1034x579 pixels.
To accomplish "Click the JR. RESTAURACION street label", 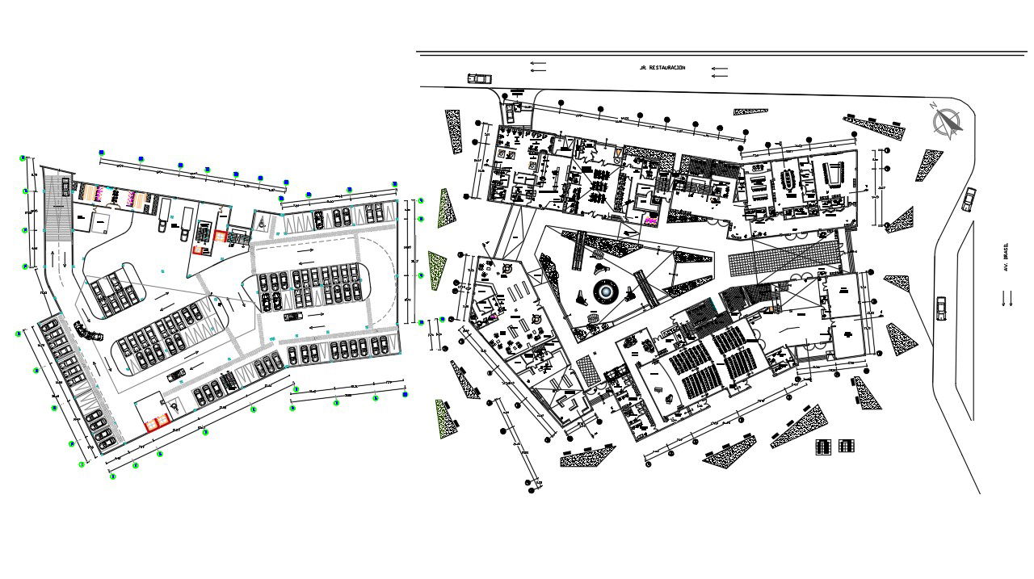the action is point(662,68).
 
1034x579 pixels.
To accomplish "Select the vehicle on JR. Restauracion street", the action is point(479,78).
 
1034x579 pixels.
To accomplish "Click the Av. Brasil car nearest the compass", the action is point(970,199).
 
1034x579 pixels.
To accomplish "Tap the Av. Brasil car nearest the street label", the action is point(942,308).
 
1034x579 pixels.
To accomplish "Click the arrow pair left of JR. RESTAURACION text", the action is point(537,66).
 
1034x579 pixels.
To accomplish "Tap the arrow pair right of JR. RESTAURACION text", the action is point(719,73).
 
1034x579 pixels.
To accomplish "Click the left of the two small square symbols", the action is point(823,446).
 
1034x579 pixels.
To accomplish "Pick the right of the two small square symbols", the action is point(846,446).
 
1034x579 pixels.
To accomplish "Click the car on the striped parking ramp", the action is point(174,375).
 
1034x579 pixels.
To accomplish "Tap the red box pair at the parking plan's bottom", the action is point(156,420).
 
